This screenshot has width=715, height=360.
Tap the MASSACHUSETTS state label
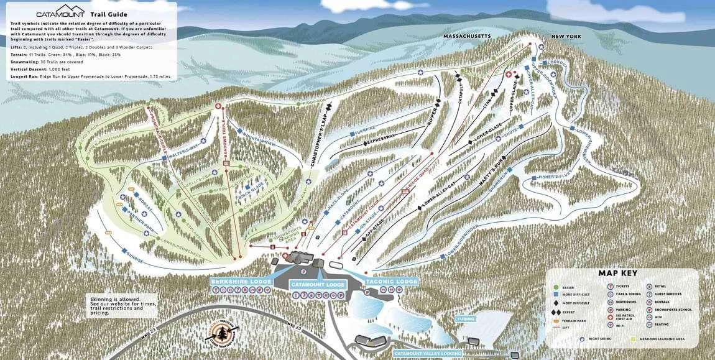(x=466, y=37)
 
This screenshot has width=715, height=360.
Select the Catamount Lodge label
(x=317, y=284)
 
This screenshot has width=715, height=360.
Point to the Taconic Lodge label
(x=391, y=281)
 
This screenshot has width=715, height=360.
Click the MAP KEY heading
(x=617, y=273)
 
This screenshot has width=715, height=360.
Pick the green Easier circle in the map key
(x=555, y=286)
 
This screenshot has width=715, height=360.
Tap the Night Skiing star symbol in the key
(x=583, y=339)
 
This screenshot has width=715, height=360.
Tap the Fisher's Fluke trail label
(x=555, y=178)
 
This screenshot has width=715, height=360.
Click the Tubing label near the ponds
(x=465, y=319)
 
